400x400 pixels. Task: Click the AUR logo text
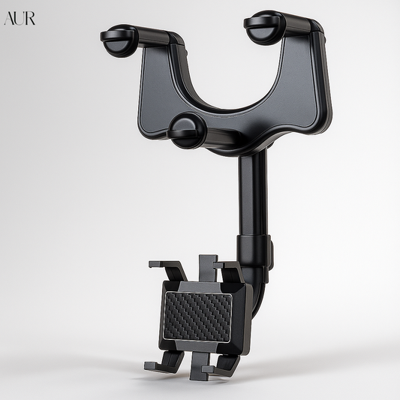point(20,18)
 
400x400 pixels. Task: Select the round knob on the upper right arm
point(265,26)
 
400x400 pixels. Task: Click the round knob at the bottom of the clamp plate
point(187,131)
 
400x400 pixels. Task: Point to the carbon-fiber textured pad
point(197,316)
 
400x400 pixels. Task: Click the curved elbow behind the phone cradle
point(259,296)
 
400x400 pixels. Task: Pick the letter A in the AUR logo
point(9,18)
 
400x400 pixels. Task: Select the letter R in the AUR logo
point(30,18)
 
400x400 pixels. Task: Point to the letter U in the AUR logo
point(20,18)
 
